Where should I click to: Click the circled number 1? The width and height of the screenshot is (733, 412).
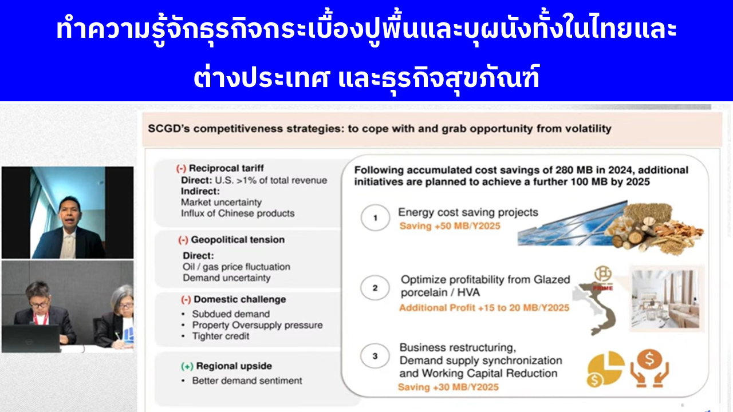375,218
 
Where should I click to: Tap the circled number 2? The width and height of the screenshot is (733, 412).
375,288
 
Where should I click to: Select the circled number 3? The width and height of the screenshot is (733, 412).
375,356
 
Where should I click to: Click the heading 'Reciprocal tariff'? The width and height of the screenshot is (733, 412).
226,168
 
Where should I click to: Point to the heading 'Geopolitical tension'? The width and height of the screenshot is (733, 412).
238,240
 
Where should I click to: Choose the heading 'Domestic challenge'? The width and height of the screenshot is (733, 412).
240,299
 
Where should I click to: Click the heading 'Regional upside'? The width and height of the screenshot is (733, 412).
234,366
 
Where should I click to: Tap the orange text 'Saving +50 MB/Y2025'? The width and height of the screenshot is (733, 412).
450,226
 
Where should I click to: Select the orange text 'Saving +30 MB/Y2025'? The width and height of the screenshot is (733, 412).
448,387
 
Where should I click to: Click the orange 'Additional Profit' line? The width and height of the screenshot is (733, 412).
484,308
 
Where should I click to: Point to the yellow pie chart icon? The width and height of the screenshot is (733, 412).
605,369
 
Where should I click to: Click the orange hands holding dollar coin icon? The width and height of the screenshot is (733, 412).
649,369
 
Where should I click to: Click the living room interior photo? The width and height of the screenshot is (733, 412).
666,299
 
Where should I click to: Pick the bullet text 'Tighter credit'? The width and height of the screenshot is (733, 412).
220,336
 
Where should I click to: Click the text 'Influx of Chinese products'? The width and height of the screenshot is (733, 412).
238,213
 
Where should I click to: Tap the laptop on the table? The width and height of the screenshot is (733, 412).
31,338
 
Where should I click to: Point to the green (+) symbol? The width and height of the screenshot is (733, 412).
187,367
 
